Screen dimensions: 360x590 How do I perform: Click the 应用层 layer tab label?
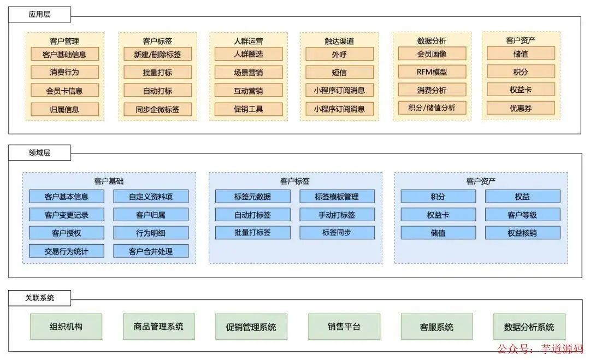pos(39,15)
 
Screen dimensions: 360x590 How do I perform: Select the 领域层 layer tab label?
pos(39,153)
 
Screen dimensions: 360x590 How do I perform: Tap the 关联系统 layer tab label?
pos(39,298)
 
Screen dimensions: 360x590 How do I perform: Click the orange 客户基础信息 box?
pos(64,54)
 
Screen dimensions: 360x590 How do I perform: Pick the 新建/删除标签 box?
pos(157,54)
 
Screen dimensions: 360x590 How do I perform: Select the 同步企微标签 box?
pos(157,109)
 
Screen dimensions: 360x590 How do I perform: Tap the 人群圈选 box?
pos(249,54)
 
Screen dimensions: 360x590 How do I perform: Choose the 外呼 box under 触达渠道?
pos(339,54)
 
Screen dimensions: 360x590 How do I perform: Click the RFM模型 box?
pos(432,72)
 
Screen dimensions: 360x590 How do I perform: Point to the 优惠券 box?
pos(521,108)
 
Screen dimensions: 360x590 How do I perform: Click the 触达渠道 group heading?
pos(339,41)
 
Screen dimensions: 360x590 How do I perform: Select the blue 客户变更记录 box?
pos(67,215)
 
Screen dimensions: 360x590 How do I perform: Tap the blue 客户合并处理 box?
pos(151,251)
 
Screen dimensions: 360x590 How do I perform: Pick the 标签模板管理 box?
pos(337,197)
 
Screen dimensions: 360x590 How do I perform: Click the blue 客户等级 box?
pos(522,215)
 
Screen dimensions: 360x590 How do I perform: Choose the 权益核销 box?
pos(522,233)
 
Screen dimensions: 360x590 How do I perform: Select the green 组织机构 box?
pos(66,327)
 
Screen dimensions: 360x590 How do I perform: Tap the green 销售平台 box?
pos(344,327)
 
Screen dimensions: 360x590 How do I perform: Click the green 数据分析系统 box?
pos(529,327)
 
